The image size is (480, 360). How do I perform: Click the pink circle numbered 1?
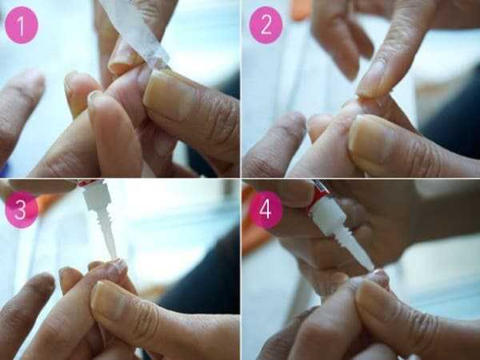pyautogui.click(x=22, y=25)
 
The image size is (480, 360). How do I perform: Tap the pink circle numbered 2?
pyautogui.click(x=266, y=25)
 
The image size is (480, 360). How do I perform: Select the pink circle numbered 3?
pyautogui.click(x=22, y=210)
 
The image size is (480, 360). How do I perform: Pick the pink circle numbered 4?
pyautogui.click(x=266, y=210)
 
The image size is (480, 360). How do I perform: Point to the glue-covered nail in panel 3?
pyautogui.click(x=118, y=266)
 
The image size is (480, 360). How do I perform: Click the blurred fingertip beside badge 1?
pyautogui.click(x=22, y=101)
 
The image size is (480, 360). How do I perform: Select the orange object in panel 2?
pyautogui.click(x=302, y=9)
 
